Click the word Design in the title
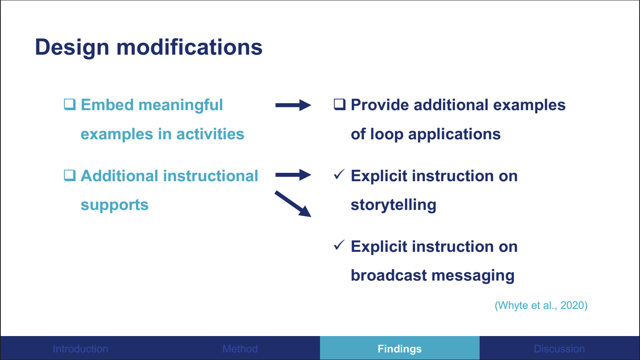tap(72, 47)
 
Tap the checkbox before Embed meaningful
tap(70, 105)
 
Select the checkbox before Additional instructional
tap(70, 175)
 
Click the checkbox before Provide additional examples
tap(340, 105)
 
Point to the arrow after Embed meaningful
tap(293, 105)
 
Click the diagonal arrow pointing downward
tap(293, 204)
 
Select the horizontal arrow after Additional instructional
tap(293, 175)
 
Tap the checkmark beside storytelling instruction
tap(339, 174)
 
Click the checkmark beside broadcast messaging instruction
tap(339, 245)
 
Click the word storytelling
tap(393, 205)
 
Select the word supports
tap(115, 205)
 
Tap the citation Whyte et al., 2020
tap(541, 305)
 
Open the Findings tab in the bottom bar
tap(399, 348)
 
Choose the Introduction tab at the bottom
tap(80, 348)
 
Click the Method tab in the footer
tap(240, 348)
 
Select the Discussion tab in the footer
tap(559, 348)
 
